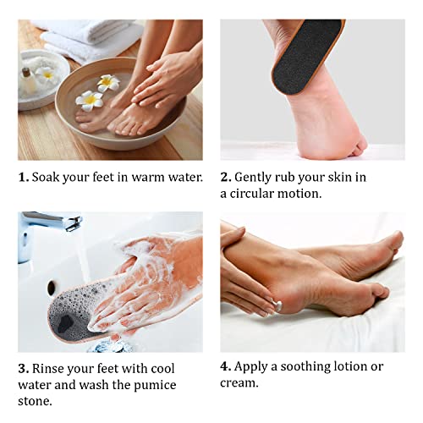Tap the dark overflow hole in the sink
pyautogui.click(x=52, y=288)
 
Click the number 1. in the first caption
pyautogui.click(x=23, y=178)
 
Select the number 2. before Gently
pyautogui.click(x=226, y=178)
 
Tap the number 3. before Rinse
pyautogui.click(x=23, y=368)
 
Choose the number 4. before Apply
pyautogui.click(x=226, y=366)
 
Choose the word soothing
pyautogui.click(x=298, y=366)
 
